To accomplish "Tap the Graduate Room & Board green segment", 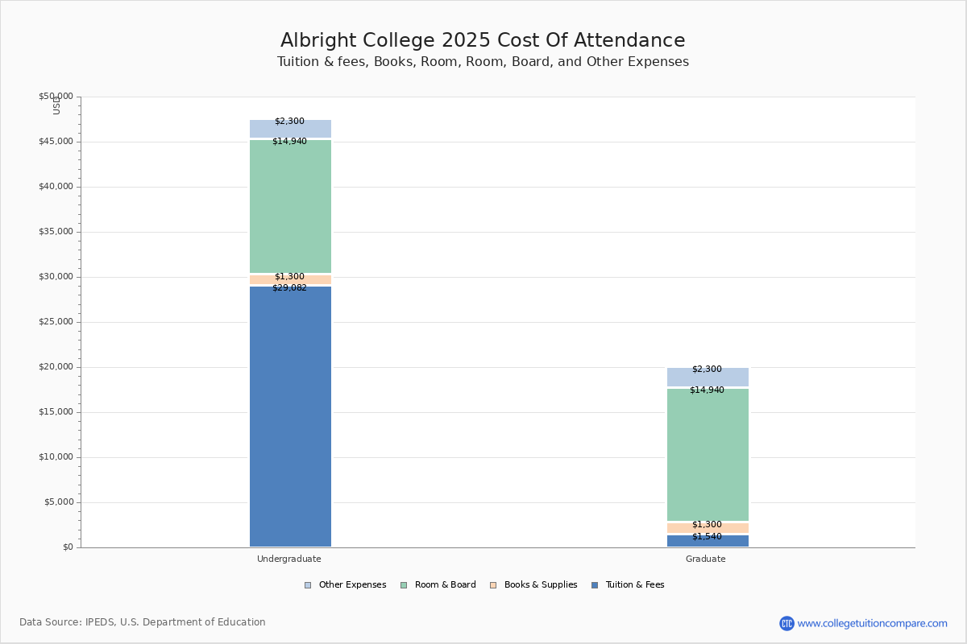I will (x=708, y=455).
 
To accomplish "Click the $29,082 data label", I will (x=289, y=288).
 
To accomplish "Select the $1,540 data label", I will (x=707, y=537).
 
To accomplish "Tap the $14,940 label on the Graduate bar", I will (x=707, y=390).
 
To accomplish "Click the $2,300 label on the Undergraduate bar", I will (x=289, y=122).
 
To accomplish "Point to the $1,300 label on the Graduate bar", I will (x=707, y=525).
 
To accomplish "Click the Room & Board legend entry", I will (x=438, y=585).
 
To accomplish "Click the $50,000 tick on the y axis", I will (x=56, y=97).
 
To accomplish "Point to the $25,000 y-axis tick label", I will (x=56, y=322).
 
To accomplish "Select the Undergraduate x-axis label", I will (x=289, y=559).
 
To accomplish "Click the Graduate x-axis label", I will (x=706, y=559).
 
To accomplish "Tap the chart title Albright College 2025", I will (x=483, y=41).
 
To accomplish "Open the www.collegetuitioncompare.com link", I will (x=872, y=623).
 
